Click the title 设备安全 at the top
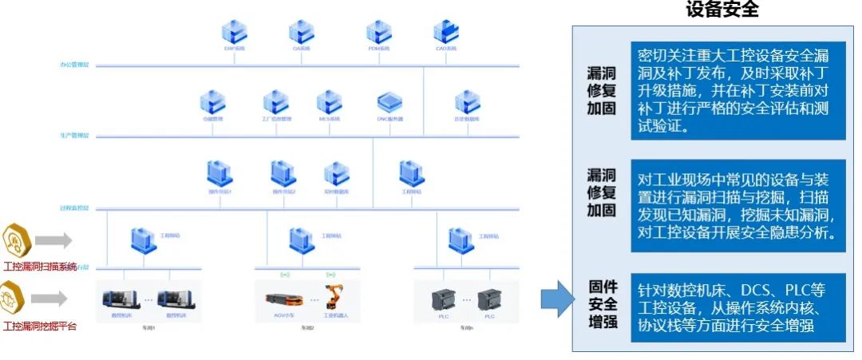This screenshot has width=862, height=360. (722, 10)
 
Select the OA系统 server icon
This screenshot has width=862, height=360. (301, 31)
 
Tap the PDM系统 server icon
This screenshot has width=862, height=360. (378, 31)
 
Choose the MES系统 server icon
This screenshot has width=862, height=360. (329, 102)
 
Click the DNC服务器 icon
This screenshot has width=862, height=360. (389, 102)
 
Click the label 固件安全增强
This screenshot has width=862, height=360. (603, 304)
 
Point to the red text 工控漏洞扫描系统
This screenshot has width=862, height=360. (40, 267)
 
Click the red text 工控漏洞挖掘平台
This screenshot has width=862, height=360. (40, 326)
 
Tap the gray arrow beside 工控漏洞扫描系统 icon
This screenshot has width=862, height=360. (53, 239)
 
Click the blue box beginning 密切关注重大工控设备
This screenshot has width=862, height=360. (737, 91)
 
